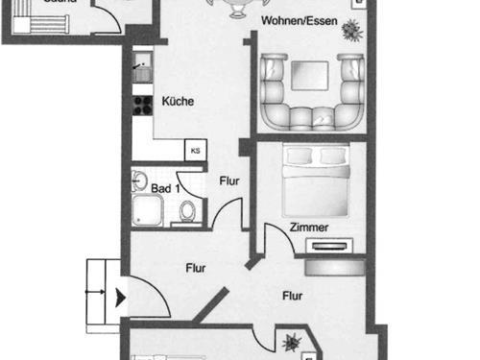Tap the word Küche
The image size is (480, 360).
[179, 101]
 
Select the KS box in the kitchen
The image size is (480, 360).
[195, 150]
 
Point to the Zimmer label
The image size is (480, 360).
[309, 228]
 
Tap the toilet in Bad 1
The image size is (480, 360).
[188, 211]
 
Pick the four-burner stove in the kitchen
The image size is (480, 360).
[143, 103]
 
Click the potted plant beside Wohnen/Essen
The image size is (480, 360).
[352, 31]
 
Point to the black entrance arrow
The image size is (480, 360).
[119, 299]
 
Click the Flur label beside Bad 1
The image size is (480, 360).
[229, 180]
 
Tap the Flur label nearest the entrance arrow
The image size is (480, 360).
[197, 270]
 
